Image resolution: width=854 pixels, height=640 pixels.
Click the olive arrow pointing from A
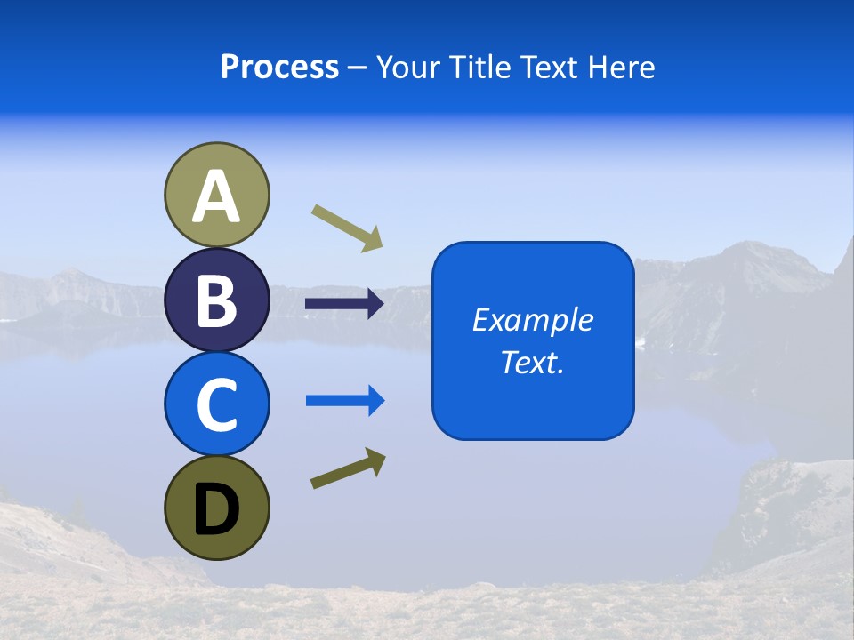[x=347, y=228]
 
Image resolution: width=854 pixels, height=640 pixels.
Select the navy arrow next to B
[x=344, y=304]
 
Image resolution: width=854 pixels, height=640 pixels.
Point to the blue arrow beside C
[x=345, y=401]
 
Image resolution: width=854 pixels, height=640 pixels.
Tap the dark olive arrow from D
[x=348, y=468]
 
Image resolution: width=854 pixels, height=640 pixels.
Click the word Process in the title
[x=279, y=67]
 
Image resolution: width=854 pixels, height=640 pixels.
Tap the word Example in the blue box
[x=532, y=320]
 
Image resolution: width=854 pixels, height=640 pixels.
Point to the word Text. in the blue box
[x=532, y=362]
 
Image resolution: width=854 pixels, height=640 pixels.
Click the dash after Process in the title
[x=357, y=68]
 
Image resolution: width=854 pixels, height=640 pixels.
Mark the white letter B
[x=217, y=300]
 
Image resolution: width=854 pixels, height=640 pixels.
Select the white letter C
[x=217, y=404]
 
